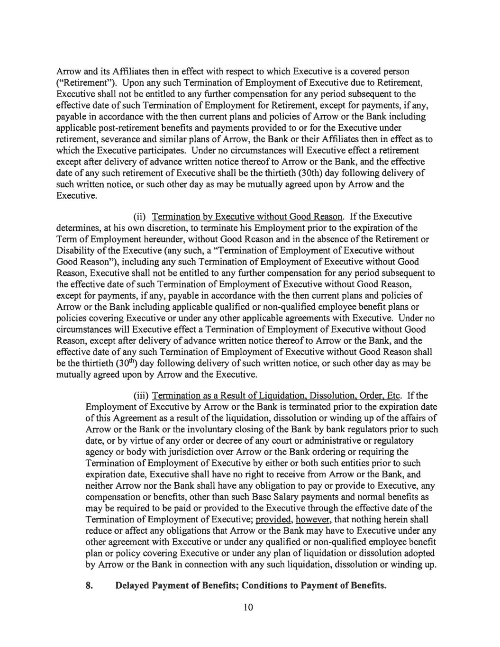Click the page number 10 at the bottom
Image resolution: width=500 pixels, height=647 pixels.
(x=249, y=608)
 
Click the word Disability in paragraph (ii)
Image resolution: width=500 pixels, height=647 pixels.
(x=76, y=250)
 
